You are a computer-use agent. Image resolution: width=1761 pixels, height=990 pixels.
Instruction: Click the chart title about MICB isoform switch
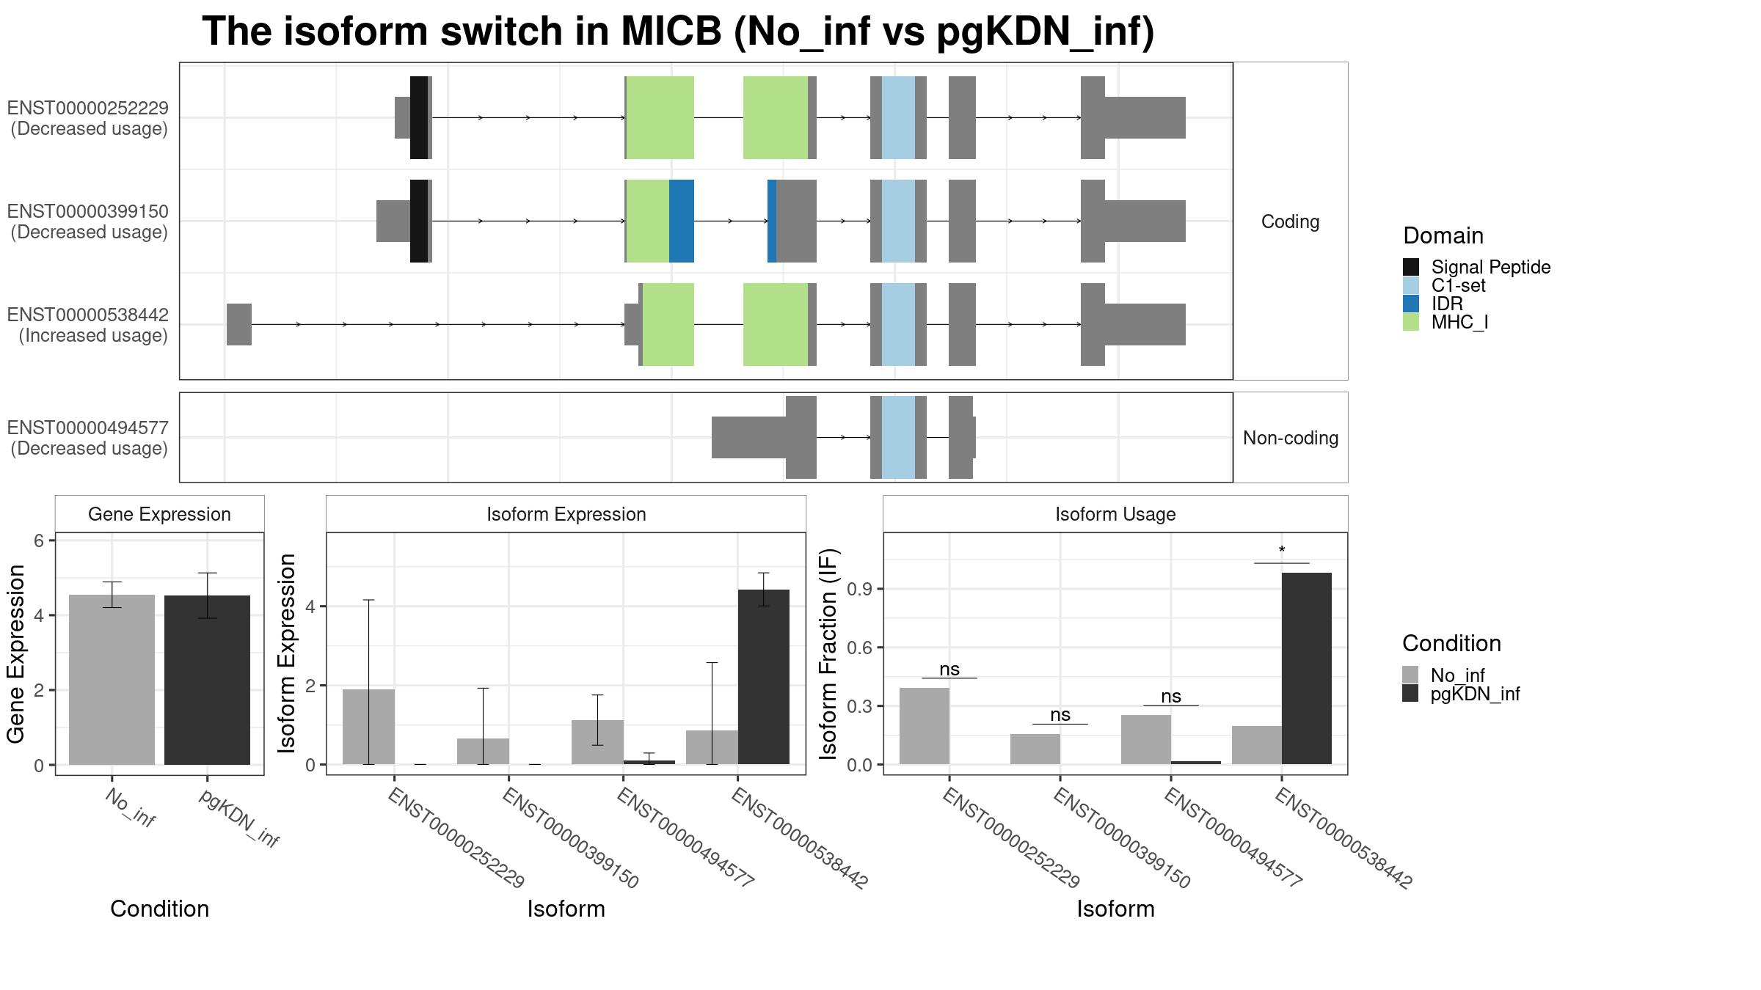[678, 32]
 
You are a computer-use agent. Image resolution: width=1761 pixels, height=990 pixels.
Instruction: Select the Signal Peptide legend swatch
[1410, 267]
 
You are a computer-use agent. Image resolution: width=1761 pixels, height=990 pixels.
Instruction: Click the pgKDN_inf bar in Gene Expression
[207, 680]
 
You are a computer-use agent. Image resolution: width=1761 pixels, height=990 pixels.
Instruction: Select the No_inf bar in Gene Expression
[112, 680]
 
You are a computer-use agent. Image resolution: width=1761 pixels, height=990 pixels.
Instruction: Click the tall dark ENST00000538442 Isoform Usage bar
[1306, 669]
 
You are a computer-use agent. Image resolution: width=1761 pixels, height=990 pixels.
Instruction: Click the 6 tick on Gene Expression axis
[39, 540]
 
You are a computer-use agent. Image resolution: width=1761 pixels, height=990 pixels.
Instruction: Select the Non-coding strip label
[1291, 438]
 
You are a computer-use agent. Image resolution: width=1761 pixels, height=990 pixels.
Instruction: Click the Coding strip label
[1290, 221]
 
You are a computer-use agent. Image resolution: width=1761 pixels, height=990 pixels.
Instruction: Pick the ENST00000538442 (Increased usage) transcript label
[88, 325]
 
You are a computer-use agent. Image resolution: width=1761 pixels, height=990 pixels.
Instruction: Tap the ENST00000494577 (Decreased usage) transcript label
[88, 438]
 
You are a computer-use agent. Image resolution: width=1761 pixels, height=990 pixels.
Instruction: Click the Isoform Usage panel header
[1115, 514]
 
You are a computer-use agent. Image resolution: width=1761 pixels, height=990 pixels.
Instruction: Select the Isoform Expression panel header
[566, 514]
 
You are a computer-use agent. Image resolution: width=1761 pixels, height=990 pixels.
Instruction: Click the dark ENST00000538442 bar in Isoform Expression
[763, 677]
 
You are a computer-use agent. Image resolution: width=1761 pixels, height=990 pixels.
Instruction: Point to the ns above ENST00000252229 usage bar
[949, 669]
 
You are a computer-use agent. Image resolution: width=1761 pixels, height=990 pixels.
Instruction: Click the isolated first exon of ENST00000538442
[239, 324]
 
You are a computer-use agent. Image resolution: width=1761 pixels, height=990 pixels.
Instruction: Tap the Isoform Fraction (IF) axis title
[828, 653]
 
